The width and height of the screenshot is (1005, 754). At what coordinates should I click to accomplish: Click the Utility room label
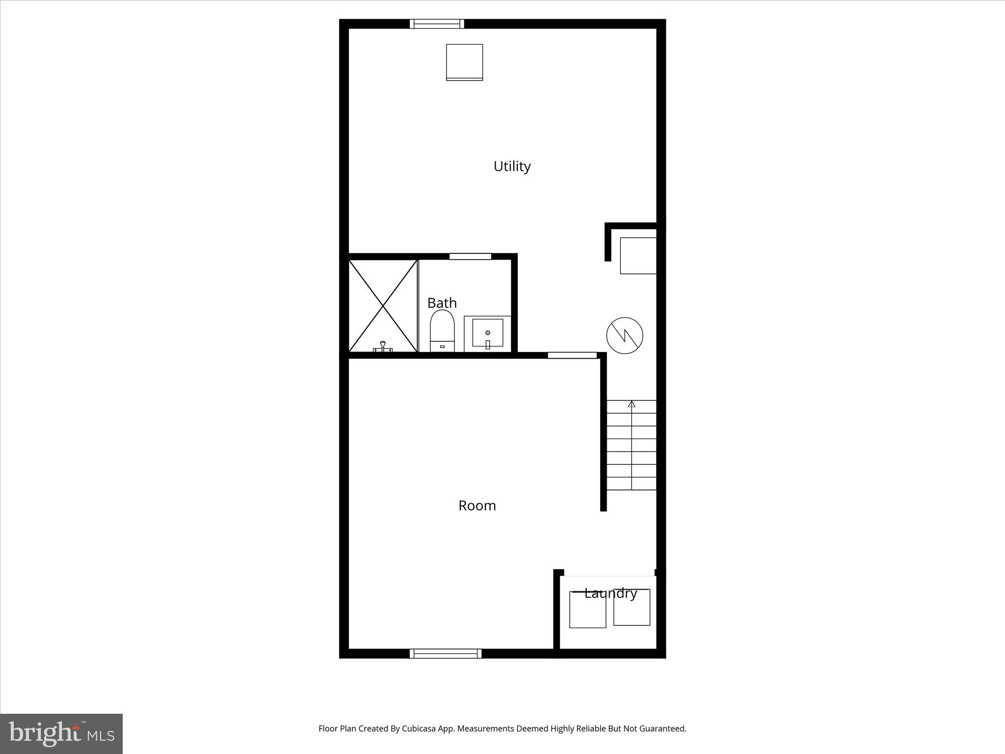click(x=512, y=166)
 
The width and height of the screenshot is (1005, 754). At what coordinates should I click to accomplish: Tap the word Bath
click(x=442, y=303)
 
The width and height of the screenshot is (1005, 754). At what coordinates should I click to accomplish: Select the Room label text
click(x=477, y=506)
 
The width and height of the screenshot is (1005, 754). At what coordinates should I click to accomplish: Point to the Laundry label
click(x=610, y=593)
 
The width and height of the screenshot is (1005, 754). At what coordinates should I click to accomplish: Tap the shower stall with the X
click(x=383, y=305)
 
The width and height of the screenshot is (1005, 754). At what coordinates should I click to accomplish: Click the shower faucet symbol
click(x=383, y=347)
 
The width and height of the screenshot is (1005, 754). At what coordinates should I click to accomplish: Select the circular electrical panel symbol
click(x=625, y=335)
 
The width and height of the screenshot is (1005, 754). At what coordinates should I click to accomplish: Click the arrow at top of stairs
click(x=632, y=404)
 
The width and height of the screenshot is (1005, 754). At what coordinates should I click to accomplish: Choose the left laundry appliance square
click(x=587, y=610)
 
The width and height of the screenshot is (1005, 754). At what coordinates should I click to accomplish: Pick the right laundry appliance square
click(x=632, y=608)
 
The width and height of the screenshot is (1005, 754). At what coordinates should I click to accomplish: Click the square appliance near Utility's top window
click(x=464, y=62)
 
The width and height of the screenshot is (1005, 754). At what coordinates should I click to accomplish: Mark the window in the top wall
click(x=437, y=24)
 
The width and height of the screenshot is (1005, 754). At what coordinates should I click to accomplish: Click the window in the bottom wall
click(x=446, y=653)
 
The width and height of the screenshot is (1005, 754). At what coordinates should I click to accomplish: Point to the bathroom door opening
click(x=470, y=256)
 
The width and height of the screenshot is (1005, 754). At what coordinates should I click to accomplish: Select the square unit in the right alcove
click(x=638, y=256)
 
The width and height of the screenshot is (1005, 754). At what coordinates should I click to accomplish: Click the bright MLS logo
click(x=61, y=734)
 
